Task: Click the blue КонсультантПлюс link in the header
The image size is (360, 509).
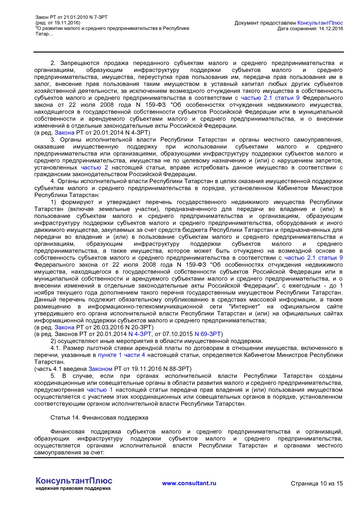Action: [x=320, y=23]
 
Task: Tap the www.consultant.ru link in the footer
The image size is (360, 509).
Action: [x=189, y=483]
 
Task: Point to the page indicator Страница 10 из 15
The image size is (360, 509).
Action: [x=317, y=483]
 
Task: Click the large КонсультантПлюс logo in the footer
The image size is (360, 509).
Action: [x=74, y=481]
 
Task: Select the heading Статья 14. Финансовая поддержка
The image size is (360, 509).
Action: [x=99, y=418]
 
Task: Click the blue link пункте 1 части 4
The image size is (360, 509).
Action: [x=121, y=355]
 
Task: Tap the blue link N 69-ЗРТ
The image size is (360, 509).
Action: [x=208, y=334]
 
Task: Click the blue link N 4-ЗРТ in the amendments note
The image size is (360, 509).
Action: [x=140, y=334]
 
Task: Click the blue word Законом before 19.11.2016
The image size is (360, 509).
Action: [x=100, y=369]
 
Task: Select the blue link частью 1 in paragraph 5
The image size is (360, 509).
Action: [x=100, y=390]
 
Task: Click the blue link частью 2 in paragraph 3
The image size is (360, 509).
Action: [x=94, y=167]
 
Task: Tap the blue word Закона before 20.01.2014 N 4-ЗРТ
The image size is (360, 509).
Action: [x=64, y=133]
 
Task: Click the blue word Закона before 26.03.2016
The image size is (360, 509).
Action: [x=64, y=327]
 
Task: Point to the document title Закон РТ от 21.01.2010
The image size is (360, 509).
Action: [x=71, y=17]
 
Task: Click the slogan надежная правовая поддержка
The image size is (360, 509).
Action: [x=73, y=488]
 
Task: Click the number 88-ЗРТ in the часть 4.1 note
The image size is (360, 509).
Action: [x=179, y=369]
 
